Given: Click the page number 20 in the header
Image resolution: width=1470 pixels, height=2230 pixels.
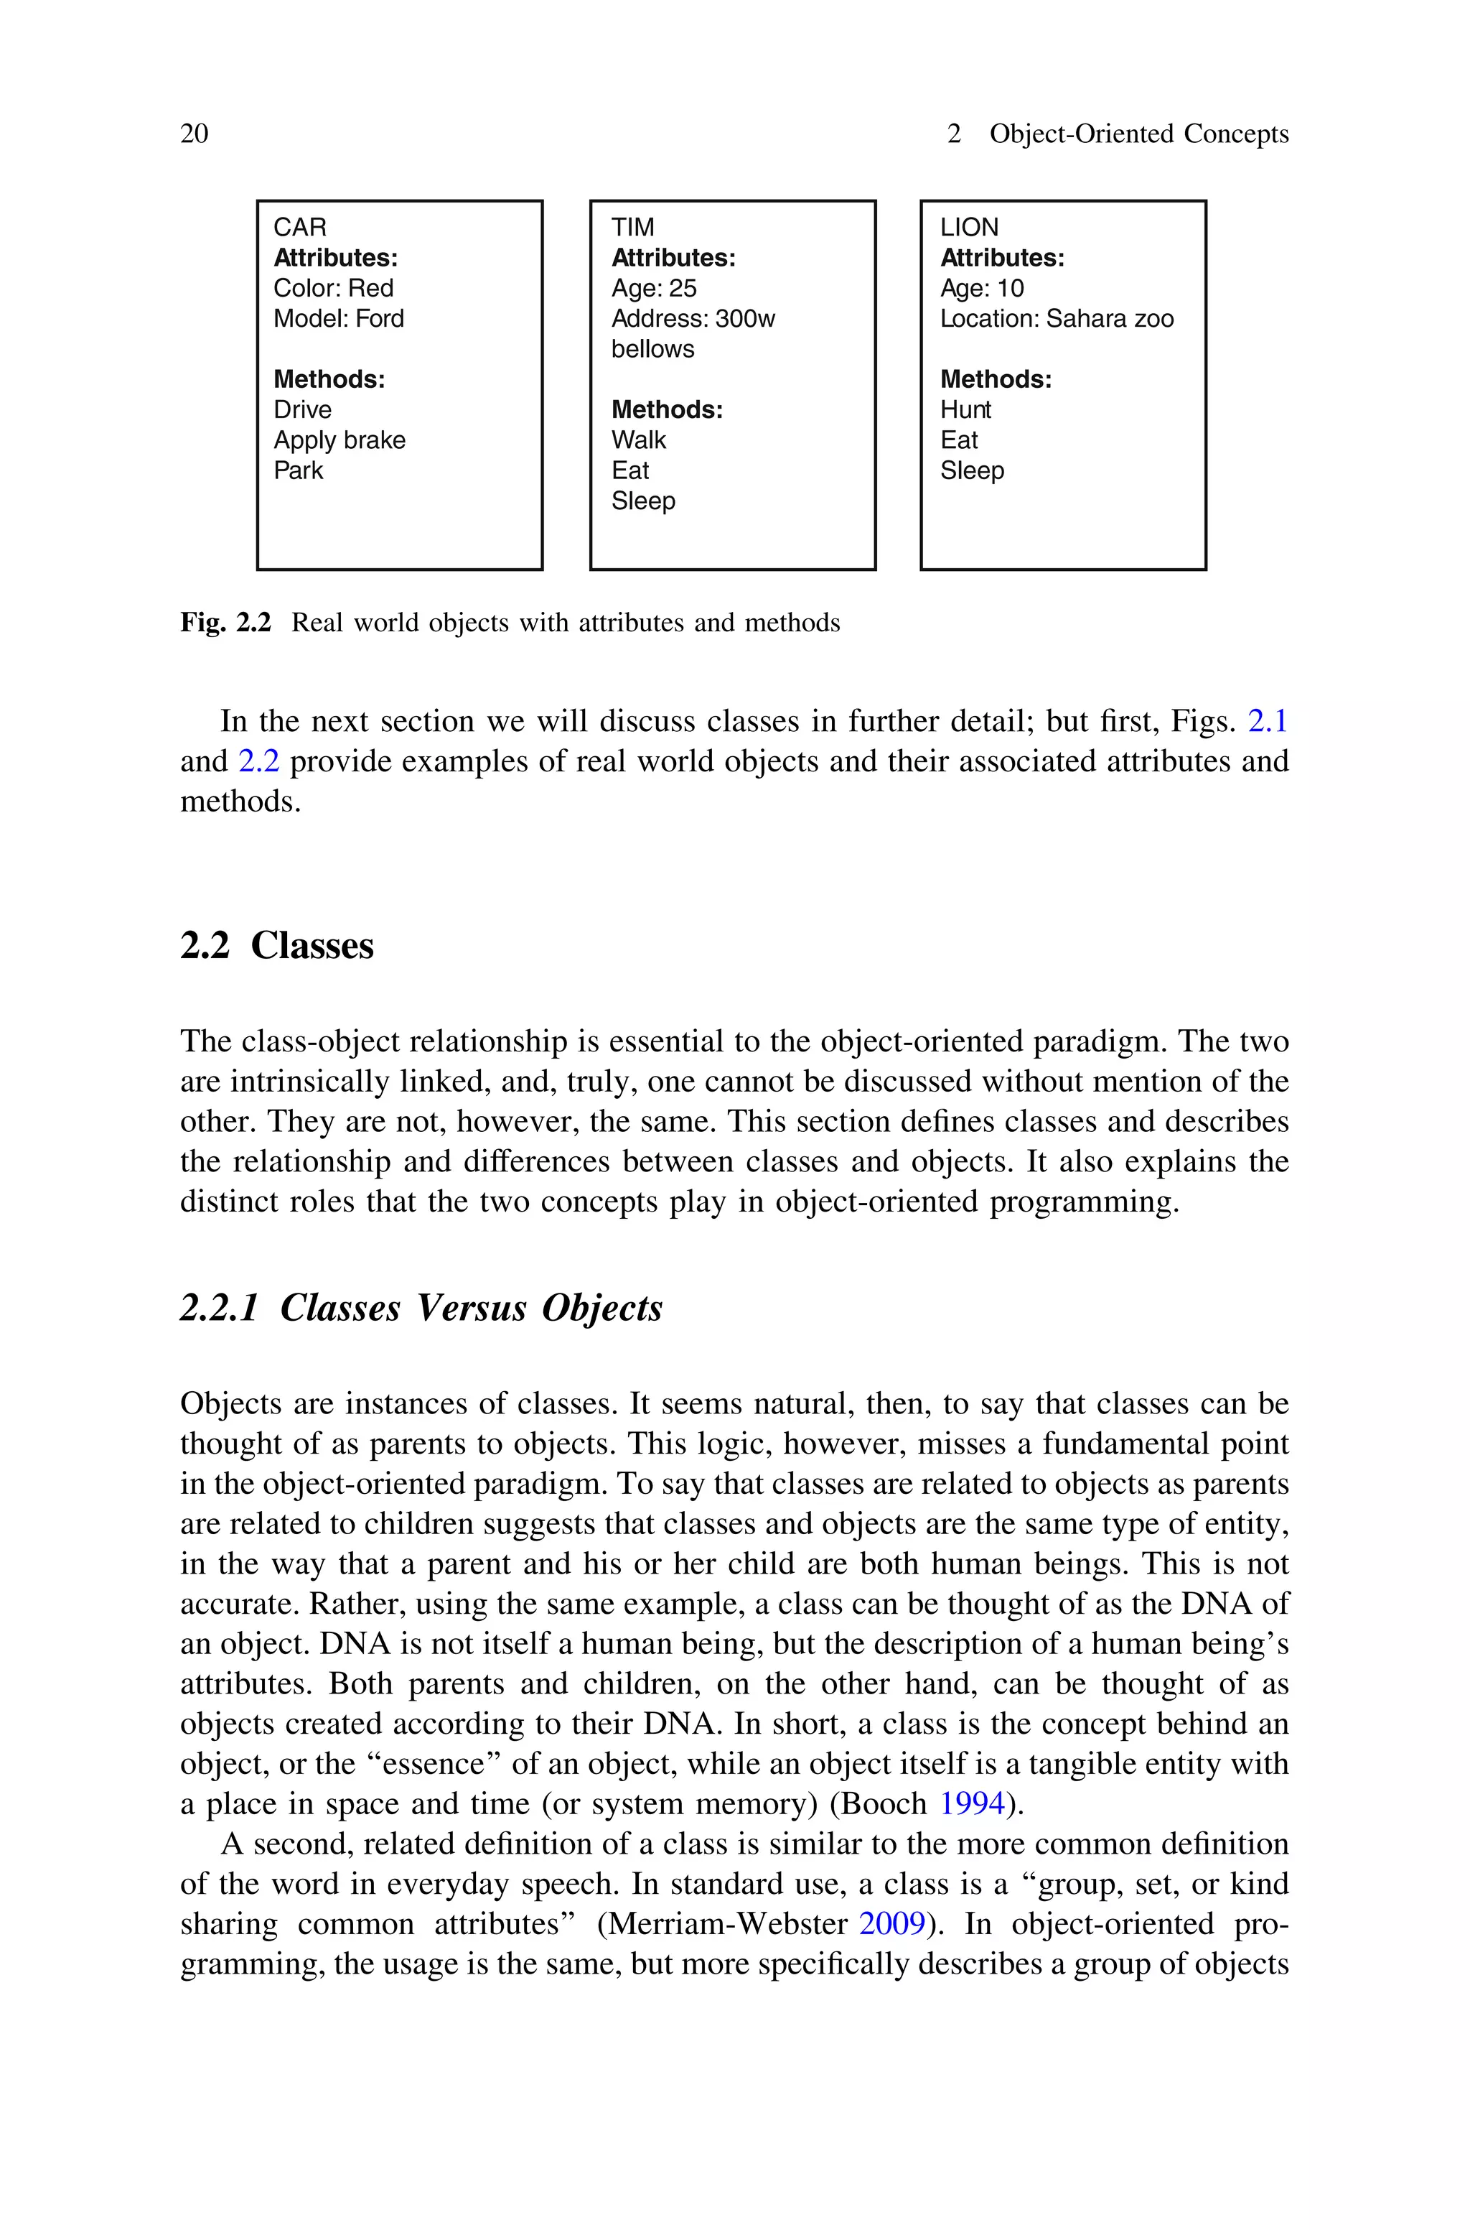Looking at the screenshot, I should (x=194, y=134).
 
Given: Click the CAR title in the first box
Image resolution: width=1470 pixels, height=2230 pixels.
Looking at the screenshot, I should (x=300, y=227).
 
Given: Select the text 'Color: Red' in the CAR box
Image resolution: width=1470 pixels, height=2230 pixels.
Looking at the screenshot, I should (x=333, y=288).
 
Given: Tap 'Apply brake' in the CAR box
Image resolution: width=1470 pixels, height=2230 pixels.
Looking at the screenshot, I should (x=340, y=440).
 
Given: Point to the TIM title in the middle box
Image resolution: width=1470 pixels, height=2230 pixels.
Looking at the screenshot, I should (x=633, y=227).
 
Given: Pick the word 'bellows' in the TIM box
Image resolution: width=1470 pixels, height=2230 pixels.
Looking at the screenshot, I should (x=652, y=349).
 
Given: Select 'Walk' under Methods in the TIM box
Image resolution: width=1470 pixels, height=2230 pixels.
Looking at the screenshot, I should (x=638, y=440).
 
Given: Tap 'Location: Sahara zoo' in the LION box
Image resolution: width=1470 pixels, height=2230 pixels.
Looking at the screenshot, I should (x=1057, y=319).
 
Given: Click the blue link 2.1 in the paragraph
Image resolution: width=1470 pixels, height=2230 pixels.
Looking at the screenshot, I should (x=1268, y=721).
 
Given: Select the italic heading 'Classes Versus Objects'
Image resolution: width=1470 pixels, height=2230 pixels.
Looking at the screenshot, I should (x=471, y=1307).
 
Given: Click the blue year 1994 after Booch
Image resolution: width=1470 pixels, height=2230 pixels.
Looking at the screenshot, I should (x=971, y=1803).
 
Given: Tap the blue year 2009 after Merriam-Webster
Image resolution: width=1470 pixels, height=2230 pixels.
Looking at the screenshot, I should (x=891, y=1923).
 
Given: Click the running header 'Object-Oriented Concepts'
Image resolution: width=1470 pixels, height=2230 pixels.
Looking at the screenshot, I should (x=1139, y=134).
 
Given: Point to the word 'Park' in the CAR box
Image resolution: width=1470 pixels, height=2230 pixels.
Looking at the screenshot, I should (x=298, y=470).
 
